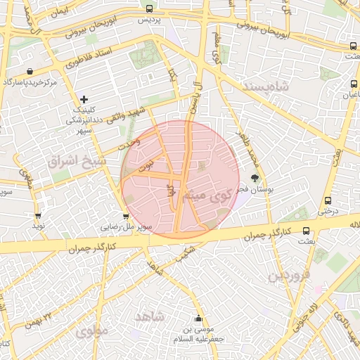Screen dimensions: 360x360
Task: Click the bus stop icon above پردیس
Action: (x=148, y=9)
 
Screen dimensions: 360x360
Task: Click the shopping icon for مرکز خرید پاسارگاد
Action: (x=30, y=71)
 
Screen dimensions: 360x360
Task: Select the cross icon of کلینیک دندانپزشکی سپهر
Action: (x=84, y=99)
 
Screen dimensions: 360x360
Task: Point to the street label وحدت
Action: (x=129, y=145)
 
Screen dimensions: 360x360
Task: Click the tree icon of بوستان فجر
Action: (x=254, y=178)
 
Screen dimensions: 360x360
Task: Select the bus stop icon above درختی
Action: (x=328, y=200)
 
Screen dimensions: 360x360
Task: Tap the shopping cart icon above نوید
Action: (x=37, y=216)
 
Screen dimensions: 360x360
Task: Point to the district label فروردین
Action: (x=288, y=274)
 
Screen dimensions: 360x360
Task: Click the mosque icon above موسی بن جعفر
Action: (x=198, y=318)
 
